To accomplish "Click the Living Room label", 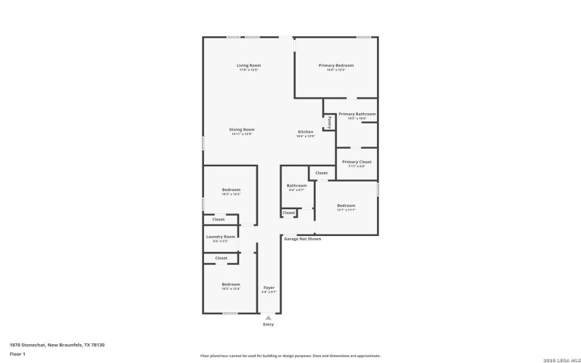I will (248, 66).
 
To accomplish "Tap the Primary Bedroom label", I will (336, 66).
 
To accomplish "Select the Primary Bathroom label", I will (357, 114).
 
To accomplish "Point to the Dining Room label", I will (242, 130).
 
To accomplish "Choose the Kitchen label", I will (306, 132).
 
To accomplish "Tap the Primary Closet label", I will (357, 163).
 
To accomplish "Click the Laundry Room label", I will (221, 237).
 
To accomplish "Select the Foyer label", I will (269, 287).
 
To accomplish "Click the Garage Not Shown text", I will (302, 239).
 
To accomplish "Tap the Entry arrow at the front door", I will (269, 317).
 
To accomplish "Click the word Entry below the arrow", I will (269, 325).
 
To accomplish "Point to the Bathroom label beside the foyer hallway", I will (296, 186).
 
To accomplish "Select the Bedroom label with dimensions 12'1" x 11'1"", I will (346, 206).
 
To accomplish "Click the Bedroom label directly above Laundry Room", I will (231, 190).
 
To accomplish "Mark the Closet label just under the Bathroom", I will (289, 213).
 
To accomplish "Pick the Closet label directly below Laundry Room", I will (221, 258).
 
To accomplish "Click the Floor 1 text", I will (17, 354).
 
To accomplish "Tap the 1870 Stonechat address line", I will (57, 344).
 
